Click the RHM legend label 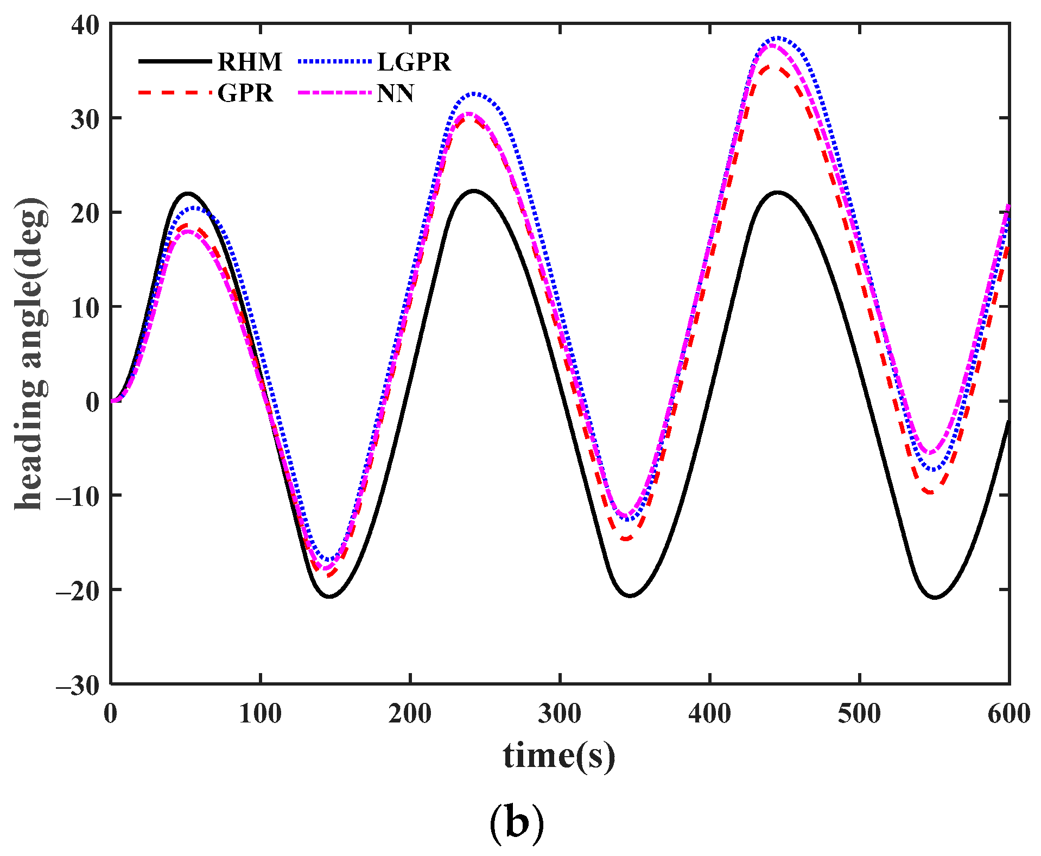[250, 62]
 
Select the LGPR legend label [414, 62]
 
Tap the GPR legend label [245, 93]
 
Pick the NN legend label [396, 93]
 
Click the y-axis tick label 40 [85, 25]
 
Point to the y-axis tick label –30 [78, 686]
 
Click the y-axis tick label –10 [78, 496]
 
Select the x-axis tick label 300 [560, 714]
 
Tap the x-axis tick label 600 [1008, 714]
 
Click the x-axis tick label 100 [261, 714]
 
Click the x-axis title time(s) [559, 756]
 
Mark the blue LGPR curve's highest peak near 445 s [778, 38]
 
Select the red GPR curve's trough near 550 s [931, 492]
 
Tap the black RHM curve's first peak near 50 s [188, 193]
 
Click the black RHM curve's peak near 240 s [473, 191]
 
